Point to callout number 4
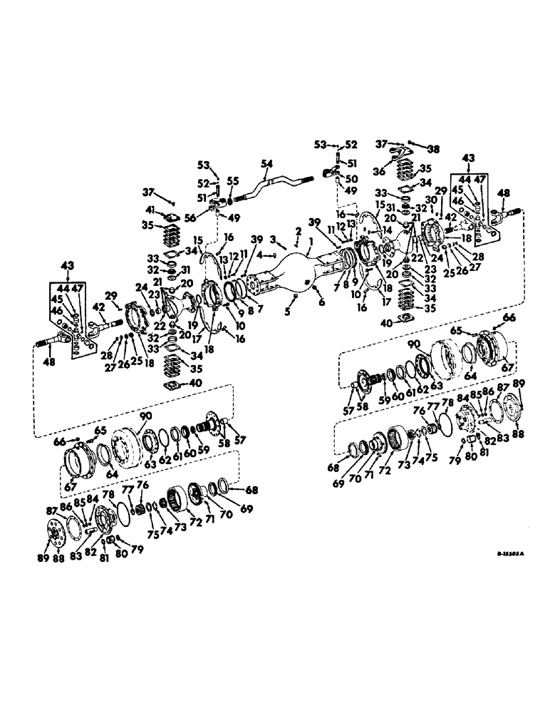click(260, 255)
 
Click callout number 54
click(266, 164)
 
